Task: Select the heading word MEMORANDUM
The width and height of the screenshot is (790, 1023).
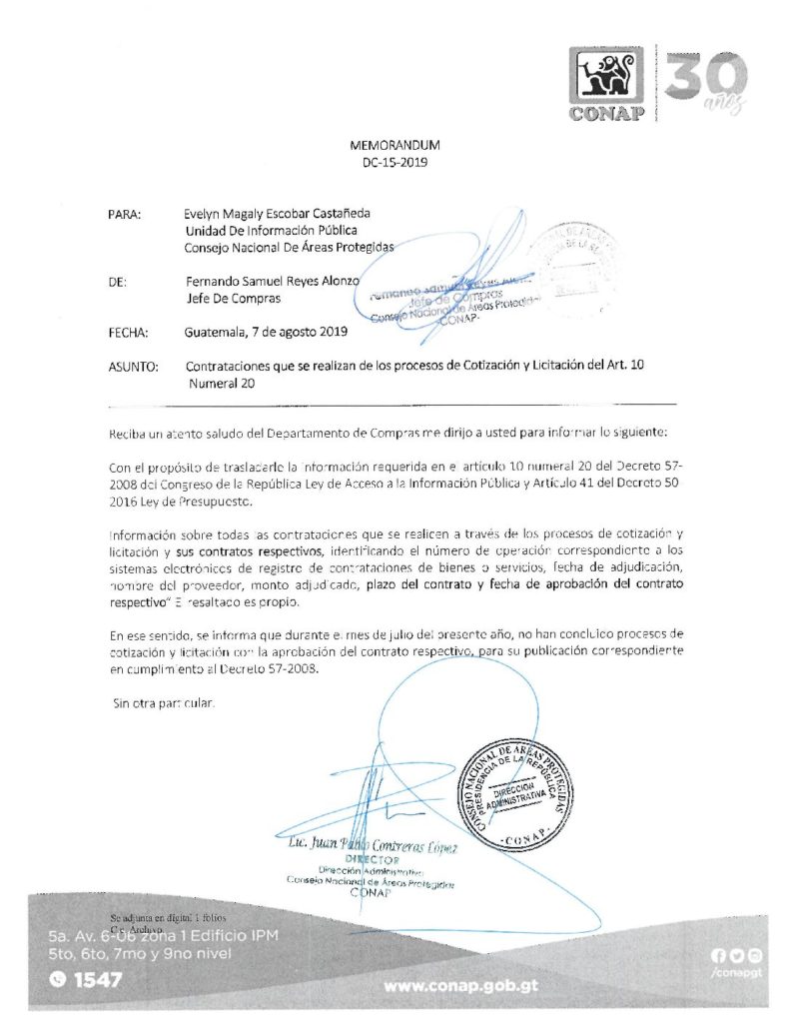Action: (x=395, y=146)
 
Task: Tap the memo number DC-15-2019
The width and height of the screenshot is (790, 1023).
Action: (x=395, y=163)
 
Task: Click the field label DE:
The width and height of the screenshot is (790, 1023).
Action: (x=118, y=281)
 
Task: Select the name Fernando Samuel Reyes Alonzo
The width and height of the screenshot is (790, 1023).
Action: (x=272, y=281)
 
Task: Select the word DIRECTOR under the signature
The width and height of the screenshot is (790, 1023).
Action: (x=372, y=861)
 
